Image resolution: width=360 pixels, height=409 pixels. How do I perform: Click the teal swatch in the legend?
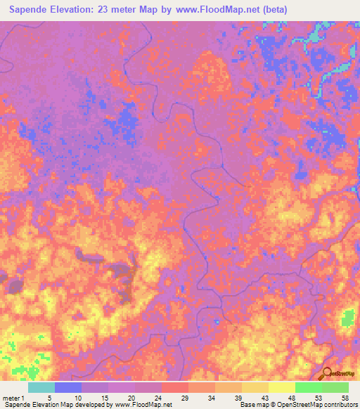[41, 387]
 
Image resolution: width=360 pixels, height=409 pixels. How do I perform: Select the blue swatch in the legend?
[68, 387]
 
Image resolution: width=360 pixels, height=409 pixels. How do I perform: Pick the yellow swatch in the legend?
[281, 387]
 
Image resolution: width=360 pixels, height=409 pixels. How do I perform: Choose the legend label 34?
[210, 397]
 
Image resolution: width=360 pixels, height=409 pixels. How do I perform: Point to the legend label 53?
[319, 397]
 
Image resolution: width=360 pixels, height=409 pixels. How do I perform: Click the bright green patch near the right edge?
[347, 318]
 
